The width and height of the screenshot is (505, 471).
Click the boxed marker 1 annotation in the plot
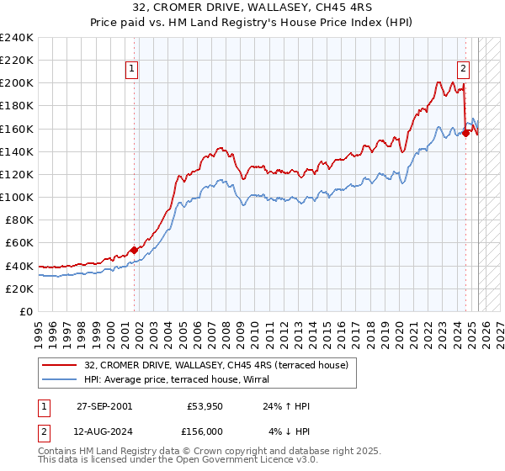[x=133, y=70]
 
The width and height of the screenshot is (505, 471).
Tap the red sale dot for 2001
[x=134, y=249]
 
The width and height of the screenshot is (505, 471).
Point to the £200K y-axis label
[x=17, y=83]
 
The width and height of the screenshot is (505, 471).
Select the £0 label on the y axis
[x=25, y=311]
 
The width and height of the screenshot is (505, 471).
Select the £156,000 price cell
[x=206, y=431]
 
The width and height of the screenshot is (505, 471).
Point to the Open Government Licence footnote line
[x=178, y=461]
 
